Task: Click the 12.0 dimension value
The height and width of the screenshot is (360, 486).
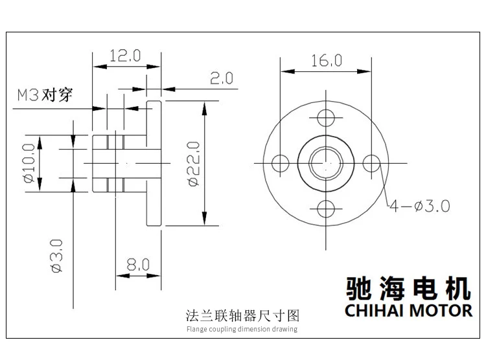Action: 125,56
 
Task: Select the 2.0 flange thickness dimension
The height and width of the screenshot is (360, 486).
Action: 222,78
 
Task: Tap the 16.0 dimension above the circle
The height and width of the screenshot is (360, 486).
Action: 327,60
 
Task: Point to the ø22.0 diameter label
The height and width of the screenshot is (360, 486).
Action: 193,164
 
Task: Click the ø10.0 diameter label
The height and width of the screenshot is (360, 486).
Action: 29,163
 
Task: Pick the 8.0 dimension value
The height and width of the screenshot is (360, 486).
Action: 138,265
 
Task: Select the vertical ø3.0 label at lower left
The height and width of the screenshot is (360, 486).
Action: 57,256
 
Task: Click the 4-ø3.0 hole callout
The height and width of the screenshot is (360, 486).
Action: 420,206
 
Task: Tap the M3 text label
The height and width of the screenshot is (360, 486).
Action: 28,95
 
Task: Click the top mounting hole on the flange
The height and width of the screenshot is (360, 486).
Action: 326,118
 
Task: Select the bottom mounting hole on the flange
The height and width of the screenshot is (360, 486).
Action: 326,208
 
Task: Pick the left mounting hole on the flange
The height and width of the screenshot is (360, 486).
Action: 280,163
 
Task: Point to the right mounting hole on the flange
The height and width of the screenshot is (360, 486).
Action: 371,163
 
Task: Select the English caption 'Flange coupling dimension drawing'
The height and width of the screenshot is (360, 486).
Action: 242,329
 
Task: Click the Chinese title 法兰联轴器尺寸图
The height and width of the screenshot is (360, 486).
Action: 242,316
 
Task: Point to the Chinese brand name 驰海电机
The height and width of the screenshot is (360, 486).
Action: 408,288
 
